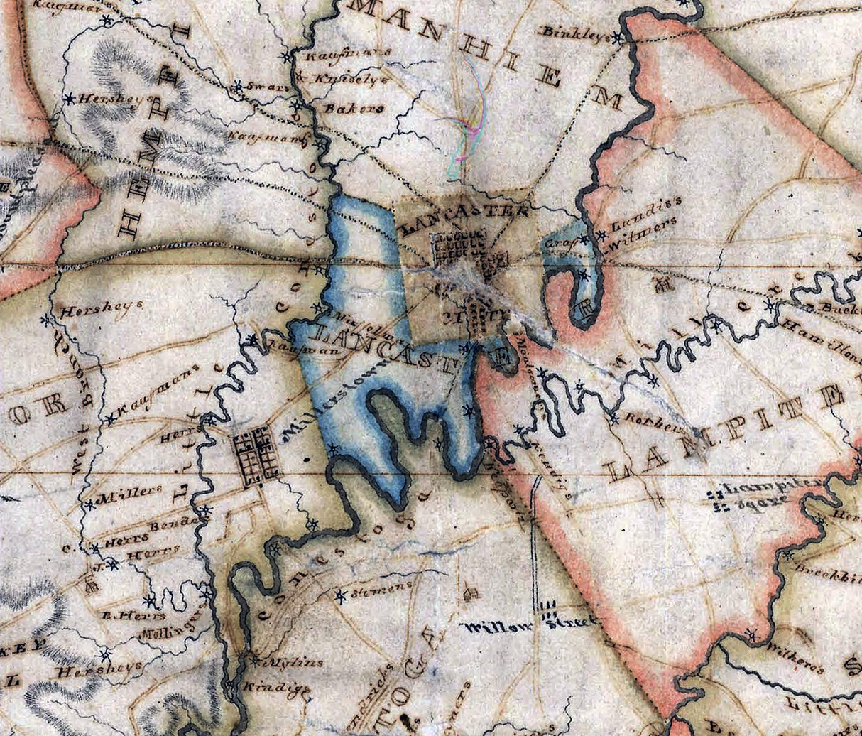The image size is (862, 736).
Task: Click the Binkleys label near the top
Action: click(x=575, y=32)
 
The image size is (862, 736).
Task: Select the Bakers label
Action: click(x=344, y=109)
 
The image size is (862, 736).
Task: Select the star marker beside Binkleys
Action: click(x=620, y=37)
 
